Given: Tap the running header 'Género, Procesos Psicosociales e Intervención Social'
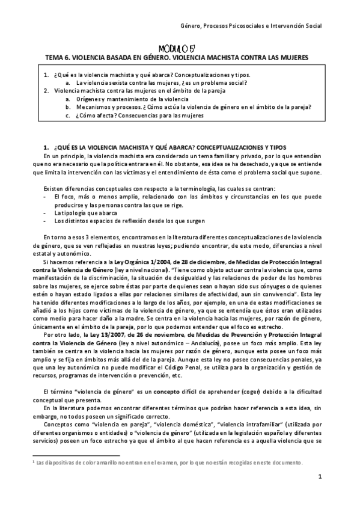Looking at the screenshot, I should pyautogui.click(x=251, y=26).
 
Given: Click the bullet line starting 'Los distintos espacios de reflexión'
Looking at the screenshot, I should pyautogui.click(x=120, y=221).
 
